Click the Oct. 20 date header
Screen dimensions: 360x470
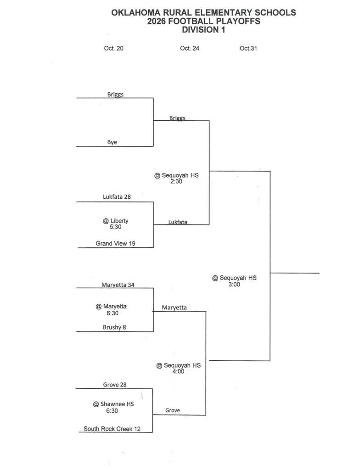[x=113, y=48]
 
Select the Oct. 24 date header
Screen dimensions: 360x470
[x=190, y=48]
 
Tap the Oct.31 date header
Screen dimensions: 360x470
[x=248, y=48]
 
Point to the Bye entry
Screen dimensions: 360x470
[x=112, y=142]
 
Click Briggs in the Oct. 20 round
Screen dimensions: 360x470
[x=116, y=95]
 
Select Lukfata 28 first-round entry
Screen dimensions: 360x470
[x=117, y=196]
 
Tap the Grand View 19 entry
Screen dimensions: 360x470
[x=116, y=243]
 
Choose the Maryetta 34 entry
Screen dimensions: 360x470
[x=118, y=285]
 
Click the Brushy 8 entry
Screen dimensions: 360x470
[x=114, y=327]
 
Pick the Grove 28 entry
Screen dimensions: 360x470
[x=115, y=385]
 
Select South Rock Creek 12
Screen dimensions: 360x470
[x=112, y=429]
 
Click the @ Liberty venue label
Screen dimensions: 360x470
[x=116, y=221]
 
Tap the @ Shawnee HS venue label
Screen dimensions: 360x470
[x=113, y=404]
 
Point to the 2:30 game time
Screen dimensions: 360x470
[x=176, y=181]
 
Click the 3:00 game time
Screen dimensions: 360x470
[x=234, y=285]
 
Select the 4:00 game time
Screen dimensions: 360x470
[x=178, y=371]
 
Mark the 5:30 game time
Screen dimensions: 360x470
[x=116, y=227]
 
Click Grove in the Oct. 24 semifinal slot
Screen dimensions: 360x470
[x=173, y=410]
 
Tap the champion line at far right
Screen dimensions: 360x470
[x=295, y=273]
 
